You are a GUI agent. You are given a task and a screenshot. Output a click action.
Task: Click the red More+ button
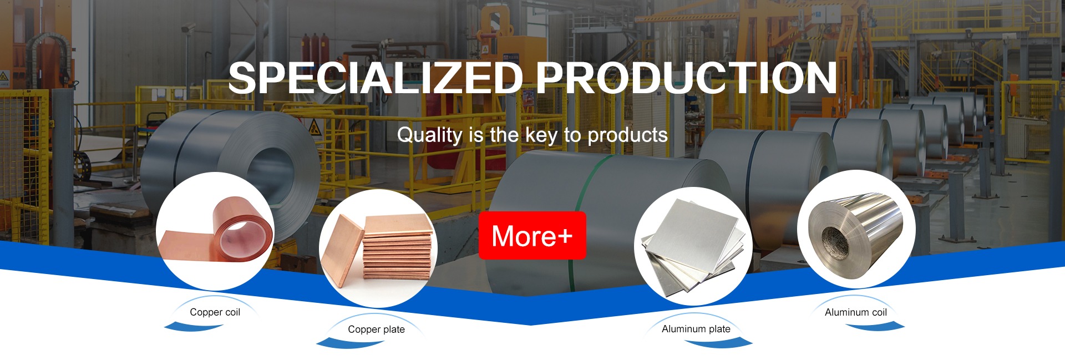(532, 235)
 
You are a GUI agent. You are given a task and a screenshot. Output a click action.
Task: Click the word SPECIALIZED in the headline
(376, 78)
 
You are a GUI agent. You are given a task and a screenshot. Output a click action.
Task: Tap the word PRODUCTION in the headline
(686, 78)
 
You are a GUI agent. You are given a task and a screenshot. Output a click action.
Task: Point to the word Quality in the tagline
(430, 135)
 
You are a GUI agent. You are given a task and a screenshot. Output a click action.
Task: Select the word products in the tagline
(627, 135)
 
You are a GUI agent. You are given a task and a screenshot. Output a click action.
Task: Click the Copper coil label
(215, 312)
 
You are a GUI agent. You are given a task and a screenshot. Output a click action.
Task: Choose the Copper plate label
(376, 329)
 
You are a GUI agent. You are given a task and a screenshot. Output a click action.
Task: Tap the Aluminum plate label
(696, 329)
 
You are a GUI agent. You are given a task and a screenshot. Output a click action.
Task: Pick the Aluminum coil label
(855, 312)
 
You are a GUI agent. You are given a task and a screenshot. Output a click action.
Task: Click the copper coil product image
(215, 231)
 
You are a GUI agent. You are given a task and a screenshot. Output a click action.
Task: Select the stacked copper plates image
(378, 248)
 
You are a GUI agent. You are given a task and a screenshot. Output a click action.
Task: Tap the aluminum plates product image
(693, 246)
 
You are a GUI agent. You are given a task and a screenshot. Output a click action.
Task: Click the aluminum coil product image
(856, 229)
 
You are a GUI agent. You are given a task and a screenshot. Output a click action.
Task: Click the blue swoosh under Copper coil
(194, 327)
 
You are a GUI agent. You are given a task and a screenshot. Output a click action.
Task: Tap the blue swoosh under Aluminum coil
(875, 327)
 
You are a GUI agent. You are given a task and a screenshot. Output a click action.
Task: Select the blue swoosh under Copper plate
(349, 344)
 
